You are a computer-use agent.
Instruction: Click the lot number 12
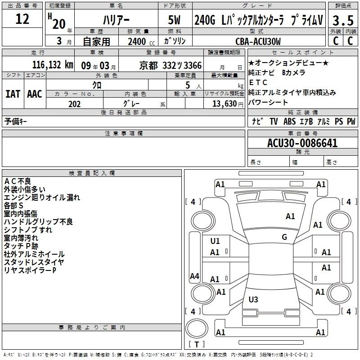[22, 19]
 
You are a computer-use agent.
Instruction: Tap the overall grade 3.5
[343, 20]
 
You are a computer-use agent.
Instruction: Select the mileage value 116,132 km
[53, 65]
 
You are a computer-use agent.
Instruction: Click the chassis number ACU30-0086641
[302, 143]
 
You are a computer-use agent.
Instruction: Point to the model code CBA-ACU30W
[258, 41]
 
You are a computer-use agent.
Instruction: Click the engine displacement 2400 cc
[141, 41]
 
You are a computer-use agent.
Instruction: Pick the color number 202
[74, 104]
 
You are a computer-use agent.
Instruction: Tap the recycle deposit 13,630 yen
[228, 104]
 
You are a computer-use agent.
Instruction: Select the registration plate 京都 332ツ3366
[171, 66]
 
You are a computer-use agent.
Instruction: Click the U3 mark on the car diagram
[253, 299]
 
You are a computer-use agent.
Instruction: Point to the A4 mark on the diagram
[194, 276]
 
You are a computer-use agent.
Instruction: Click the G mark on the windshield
[284, 237]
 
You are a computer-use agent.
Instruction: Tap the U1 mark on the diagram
[215, 241]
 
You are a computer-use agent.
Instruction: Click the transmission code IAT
[13, 94]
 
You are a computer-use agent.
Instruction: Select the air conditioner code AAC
[35, 94]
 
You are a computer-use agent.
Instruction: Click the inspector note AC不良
[18, 181]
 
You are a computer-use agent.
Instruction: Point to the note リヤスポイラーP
[30, 270]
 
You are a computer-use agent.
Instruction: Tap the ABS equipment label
[289, 121]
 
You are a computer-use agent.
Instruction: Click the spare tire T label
[197, 344]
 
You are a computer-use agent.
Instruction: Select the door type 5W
[174, 20]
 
